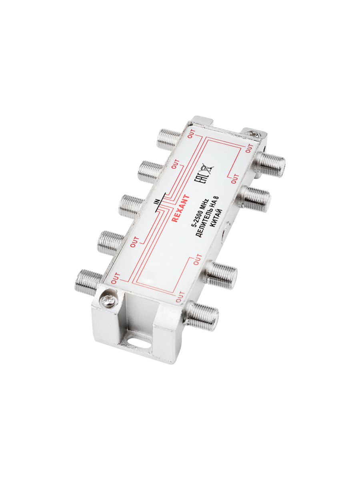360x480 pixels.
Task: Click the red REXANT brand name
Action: [180, 208]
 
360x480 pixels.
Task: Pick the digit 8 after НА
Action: [216, 198]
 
